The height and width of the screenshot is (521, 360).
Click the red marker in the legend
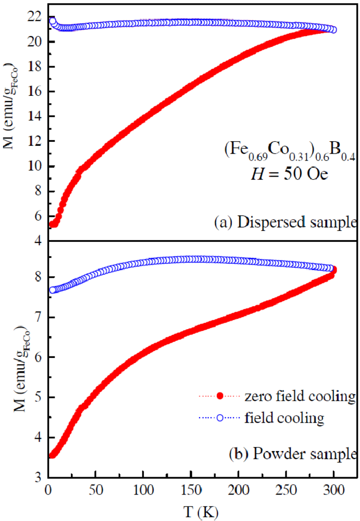[221, 399]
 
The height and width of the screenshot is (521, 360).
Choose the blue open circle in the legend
[221, 417]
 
